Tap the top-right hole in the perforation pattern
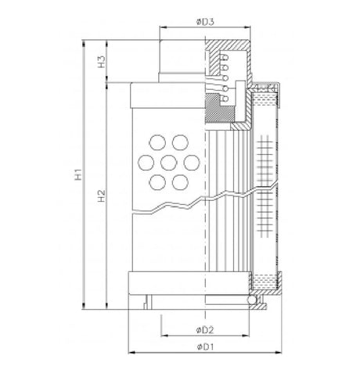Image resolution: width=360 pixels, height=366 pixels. [x=180, y=144]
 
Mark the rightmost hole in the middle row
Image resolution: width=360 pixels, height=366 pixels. [x=190, y=163]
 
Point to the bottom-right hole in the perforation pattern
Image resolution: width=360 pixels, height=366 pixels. [x=180, y=182]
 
